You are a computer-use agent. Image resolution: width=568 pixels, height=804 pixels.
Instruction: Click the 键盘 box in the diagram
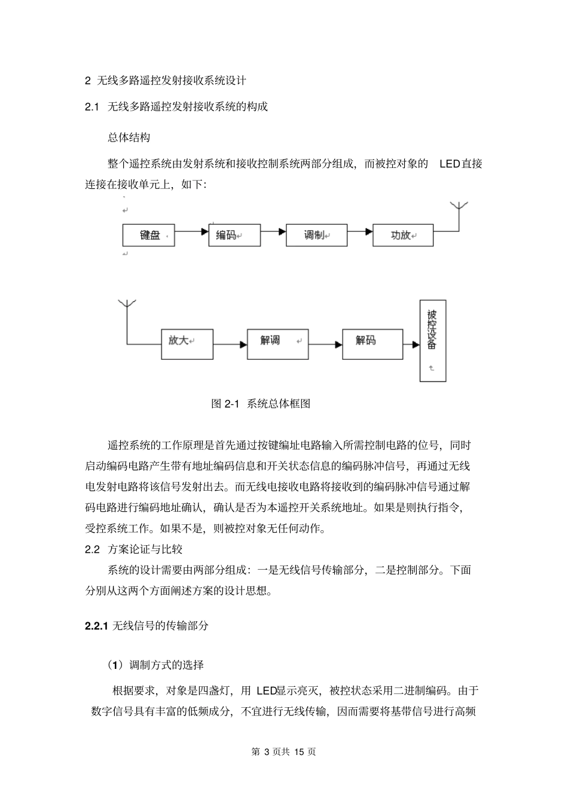149,236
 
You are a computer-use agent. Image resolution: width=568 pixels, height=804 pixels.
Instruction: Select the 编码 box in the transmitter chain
234,236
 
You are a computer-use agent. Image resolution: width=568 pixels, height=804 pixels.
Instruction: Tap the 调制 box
316,236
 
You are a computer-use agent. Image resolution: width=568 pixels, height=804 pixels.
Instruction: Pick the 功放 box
403,236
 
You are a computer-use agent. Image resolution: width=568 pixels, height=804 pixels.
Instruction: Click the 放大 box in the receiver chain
187,343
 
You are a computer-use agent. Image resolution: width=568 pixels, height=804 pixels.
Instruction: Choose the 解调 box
277,343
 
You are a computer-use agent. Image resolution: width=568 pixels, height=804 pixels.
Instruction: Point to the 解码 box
372,343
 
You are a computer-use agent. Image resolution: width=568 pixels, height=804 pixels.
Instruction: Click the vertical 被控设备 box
433,340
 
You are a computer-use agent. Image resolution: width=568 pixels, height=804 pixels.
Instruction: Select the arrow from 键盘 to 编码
191,230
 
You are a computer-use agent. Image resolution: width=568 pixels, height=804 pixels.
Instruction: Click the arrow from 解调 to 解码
326,344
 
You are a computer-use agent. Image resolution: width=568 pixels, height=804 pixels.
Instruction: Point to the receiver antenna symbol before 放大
126,305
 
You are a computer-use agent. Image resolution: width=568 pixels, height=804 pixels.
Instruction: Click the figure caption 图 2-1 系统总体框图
261,403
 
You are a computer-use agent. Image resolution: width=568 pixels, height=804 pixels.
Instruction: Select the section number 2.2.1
96,626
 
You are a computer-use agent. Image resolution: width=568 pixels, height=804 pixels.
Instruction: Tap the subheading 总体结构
129,137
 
